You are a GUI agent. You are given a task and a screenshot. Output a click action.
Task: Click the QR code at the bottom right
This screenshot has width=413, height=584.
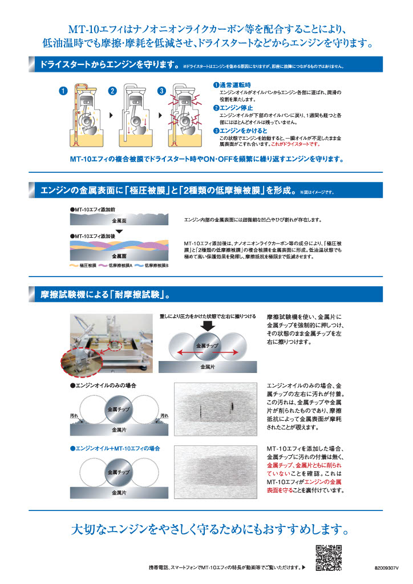point(329,557)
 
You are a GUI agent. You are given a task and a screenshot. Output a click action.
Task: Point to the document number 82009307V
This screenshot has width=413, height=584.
point(388,568)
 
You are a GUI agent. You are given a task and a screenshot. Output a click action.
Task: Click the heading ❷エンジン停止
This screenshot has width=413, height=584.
point(234,107)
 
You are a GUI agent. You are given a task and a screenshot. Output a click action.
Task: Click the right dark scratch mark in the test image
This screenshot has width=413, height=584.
point(232,407)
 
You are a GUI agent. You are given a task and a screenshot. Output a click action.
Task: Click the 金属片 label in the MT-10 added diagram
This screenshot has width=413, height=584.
point(120,491)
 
